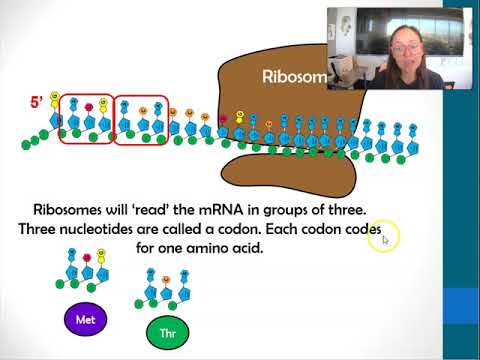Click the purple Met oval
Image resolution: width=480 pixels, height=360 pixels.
click(86, 320)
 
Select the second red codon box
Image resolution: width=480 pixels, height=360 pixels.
click(140, 120)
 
